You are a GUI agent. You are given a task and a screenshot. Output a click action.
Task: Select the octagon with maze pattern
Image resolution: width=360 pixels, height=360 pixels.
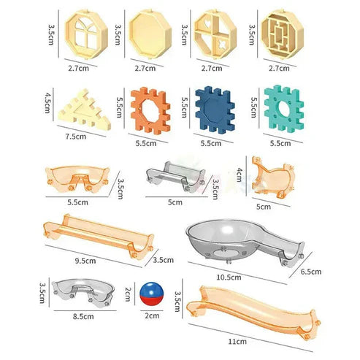281,34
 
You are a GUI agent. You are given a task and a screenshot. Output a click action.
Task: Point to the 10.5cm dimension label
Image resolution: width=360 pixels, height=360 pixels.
229,277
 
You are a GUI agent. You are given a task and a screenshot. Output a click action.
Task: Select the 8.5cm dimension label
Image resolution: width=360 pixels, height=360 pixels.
83,317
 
